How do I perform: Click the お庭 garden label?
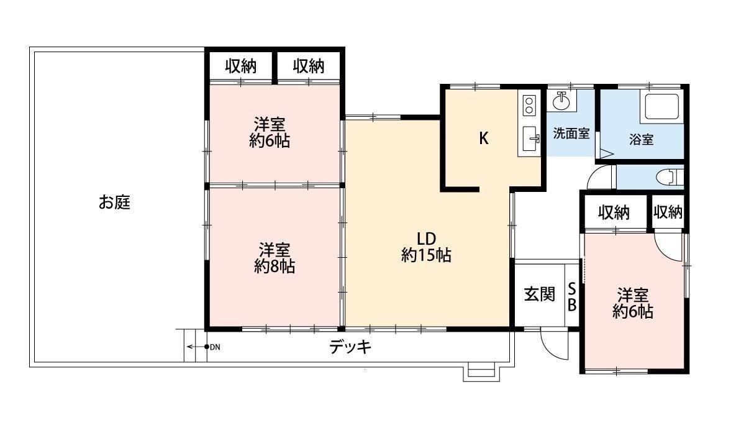(114, 202)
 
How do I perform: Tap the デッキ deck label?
(350, 347)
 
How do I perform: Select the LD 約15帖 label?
(426, 247)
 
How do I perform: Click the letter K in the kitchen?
(484, 138)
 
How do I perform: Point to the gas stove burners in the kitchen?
(529, 105)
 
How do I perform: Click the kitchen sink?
(530, 139)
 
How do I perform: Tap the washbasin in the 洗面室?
(562, 101)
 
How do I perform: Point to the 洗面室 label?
(571, 134)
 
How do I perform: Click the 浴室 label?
(642, 139)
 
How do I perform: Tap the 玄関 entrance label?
(539, 294)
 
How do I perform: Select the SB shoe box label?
(571, 297)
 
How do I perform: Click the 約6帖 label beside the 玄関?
(633, 311)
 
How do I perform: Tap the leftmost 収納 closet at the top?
(240, 66)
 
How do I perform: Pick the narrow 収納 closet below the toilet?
(668, 212)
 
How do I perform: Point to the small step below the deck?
(481, 373)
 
